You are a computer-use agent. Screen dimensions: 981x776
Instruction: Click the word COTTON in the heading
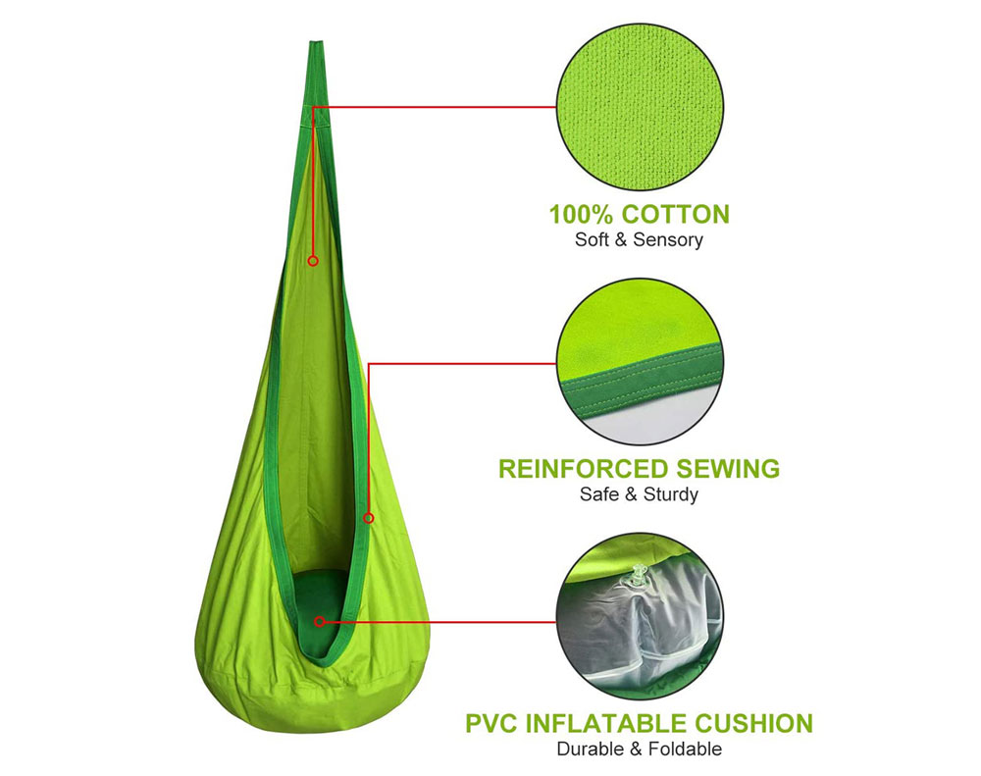coord(676,215)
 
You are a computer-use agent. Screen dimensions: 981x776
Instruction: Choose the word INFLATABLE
coord(606,723)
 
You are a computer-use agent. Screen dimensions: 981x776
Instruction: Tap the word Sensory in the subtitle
coord(668,240)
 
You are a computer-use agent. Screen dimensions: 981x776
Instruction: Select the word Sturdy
coord(671,495)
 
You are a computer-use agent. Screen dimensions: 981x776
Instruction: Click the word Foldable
coord(685,750)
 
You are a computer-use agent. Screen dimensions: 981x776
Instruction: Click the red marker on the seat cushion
coord(320,621)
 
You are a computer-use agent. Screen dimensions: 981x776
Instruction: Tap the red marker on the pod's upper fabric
coord(313,260)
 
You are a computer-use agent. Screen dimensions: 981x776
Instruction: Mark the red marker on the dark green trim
coord(369,518)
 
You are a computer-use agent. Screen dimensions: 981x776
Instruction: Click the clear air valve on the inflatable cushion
coord(639,575)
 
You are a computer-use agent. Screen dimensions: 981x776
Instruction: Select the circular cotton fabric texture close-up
coord(640,108)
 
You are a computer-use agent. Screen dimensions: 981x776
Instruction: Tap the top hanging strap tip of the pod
coord(316,42)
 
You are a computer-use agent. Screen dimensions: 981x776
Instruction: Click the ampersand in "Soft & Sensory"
coord(621,240)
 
